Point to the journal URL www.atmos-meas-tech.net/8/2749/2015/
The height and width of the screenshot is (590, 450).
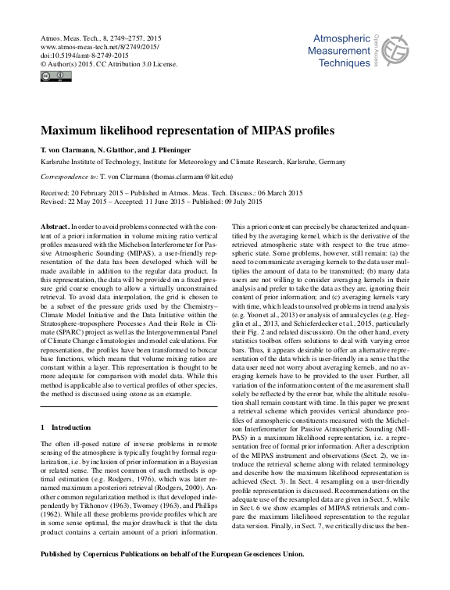(98, 46)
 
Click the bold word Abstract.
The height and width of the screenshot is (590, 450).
(59, 224)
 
